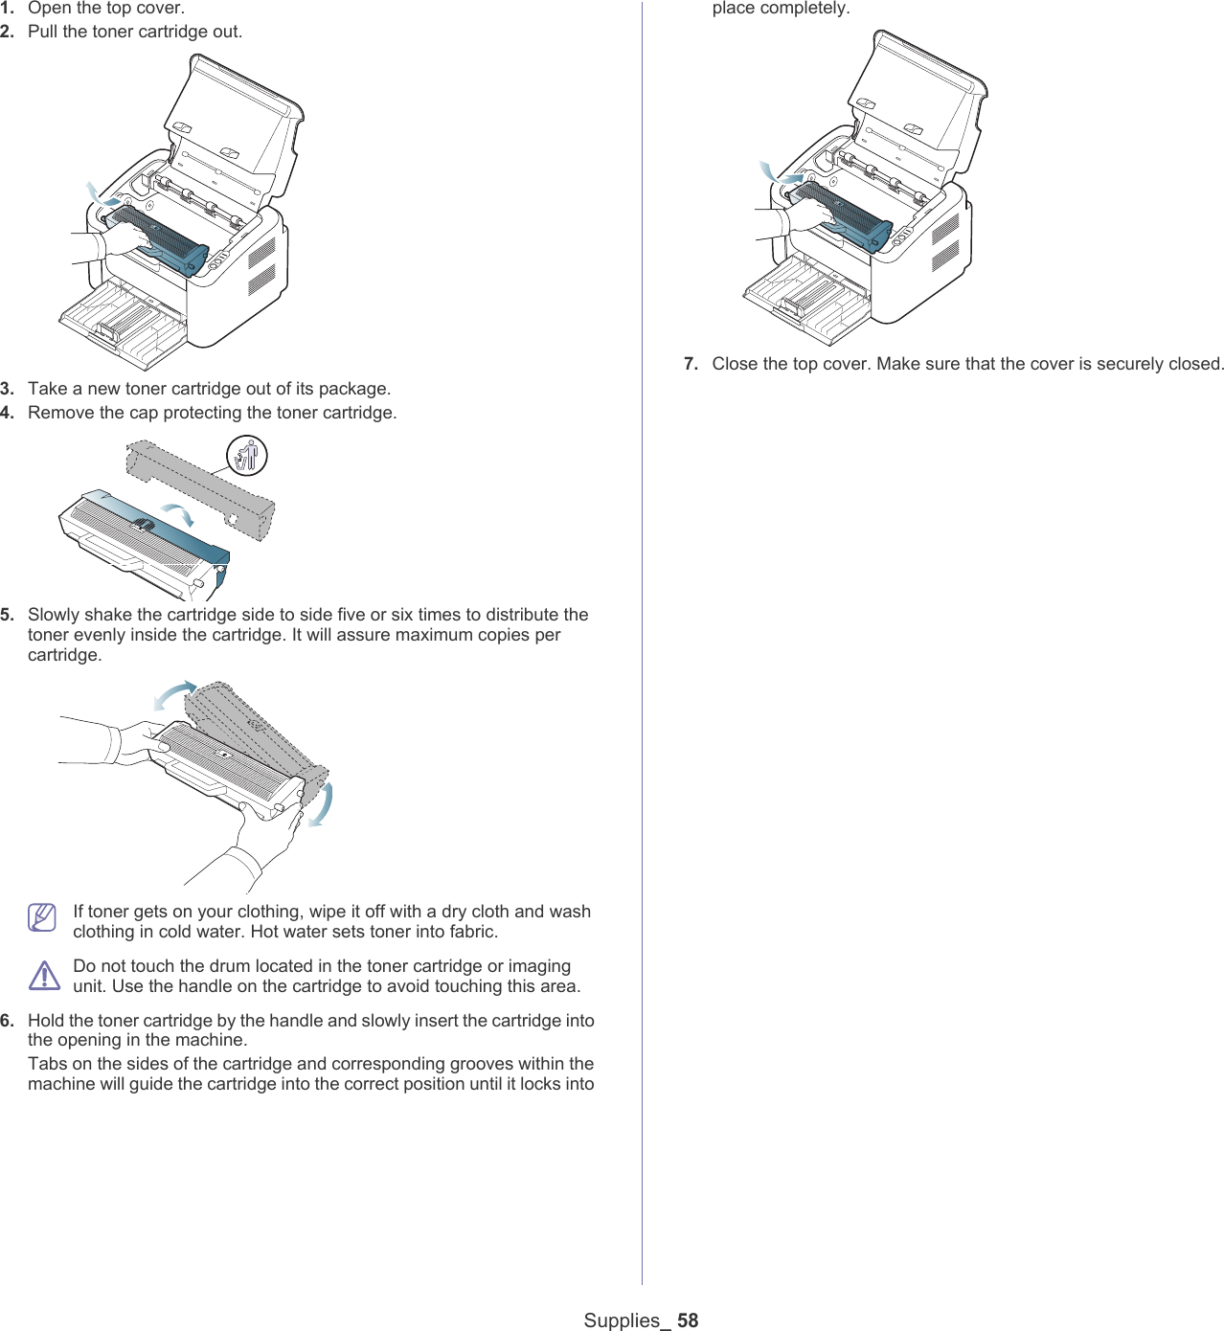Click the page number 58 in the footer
pyautogui.click(x=688, y=1320)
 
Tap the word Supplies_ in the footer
pyautogui.click(x=622, y=1320)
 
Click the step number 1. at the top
pyautogui.click(x=8, y=8)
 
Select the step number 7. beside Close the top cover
pyautogui.click(x=691, y=364)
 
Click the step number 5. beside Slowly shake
pyautogui.click(x=8, y=615)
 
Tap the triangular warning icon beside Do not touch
pyautogui.click(x=44, y=976)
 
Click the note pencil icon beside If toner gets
pyautogui.click(x=42, y=917)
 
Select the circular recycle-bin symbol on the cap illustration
pyautogui.click(x=247, y=455)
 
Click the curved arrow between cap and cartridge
pyautogui.click(x=178, y=512)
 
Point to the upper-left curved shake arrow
pyautogui.click(x=174, y=694)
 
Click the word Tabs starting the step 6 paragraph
pyautogui.click(x=47, y=1064)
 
